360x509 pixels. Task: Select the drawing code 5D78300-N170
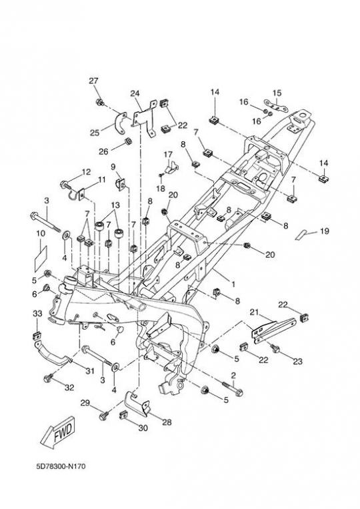tap(61, 466)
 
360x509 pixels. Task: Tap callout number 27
tap(93, 81)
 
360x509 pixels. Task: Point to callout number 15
tap(277, 93)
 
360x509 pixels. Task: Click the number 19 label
tap(325, 231)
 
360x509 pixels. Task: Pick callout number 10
tap(41, 233)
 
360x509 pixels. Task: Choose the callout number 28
tap(167, 422)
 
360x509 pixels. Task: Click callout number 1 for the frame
tap(233, 284)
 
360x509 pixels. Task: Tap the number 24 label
tap(135, 93)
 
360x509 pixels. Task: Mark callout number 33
tap(38, 314)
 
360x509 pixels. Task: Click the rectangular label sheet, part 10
tap(41, 258)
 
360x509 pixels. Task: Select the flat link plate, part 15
tap(276, 106)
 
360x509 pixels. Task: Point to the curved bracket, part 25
tap(121, 123)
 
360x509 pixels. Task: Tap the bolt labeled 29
tap(104, 415)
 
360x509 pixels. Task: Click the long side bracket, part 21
tap(274, 330)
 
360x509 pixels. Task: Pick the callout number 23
tap(298, 361)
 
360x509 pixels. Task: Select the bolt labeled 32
tap(49, 378)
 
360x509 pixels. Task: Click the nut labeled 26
tap(128, 141)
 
